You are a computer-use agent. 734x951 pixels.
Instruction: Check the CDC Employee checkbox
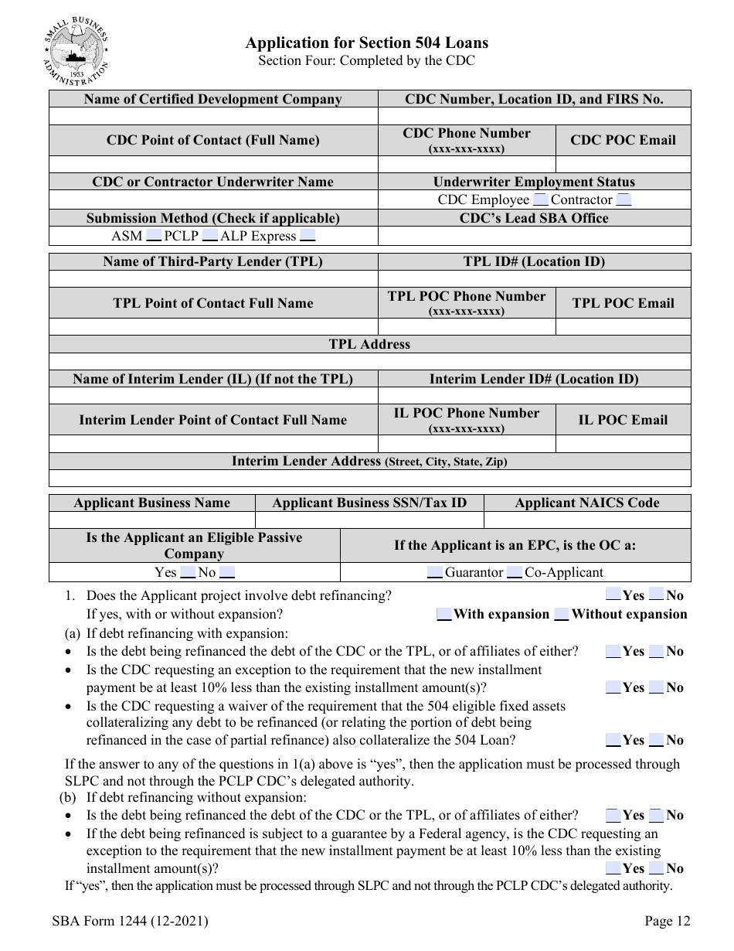(x=540, y=200)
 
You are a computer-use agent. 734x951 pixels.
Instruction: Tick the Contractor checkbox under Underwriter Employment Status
(x=624, y=200)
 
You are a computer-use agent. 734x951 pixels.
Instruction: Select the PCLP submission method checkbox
(x=207, y=237)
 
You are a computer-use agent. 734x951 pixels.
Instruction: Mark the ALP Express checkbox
(x=308, y=237)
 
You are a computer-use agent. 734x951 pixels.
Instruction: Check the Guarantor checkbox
(x=434, y=573)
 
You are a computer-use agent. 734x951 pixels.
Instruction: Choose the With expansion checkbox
(x=443, y=615)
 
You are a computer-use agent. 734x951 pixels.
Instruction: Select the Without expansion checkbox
(x=562, y=615)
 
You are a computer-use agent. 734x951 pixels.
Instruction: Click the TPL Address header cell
(x=369, y=345)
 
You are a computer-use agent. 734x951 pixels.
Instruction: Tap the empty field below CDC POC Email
(x=623, y=165)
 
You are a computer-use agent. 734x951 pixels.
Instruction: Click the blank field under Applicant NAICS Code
(x=587, y=520)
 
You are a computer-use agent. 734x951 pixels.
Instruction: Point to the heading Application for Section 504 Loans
(x=366, y=43)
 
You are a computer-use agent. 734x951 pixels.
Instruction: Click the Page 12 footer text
(x=667, y=921)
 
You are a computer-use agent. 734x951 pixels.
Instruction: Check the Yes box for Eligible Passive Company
(x=188, y=573)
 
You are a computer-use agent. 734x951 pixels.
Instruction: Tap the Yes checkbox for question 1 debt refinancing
(x=613, y=595)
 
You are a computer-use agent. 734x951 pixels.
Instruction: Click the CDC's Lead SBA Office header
(x=534, y=218)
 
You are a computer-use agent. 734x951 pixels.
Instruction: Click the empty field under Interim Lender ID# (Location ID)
(x=534, y=396)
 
